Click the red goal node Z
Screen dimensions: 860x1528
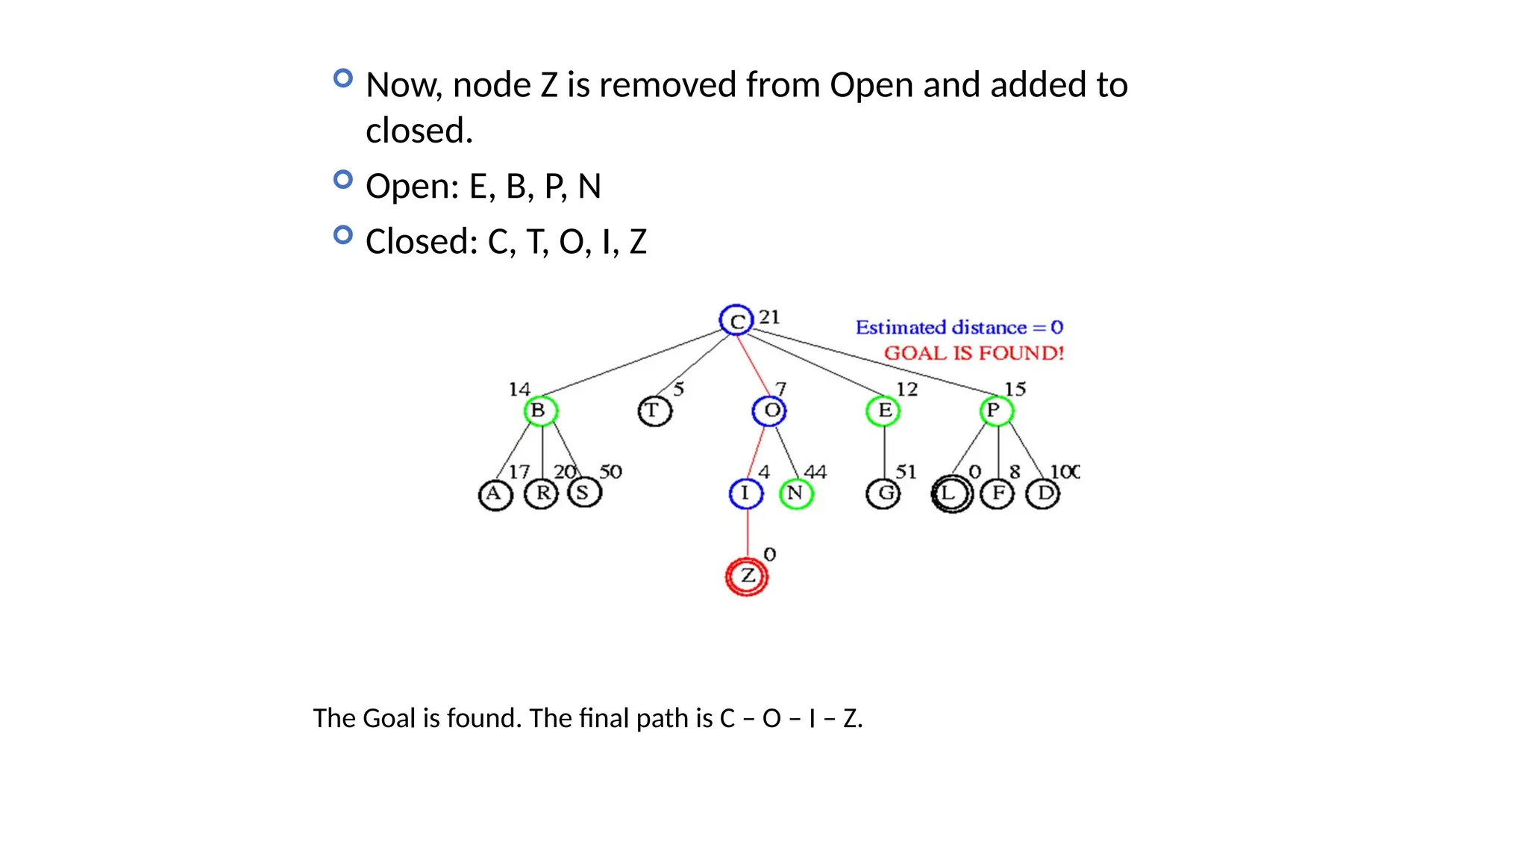(x=747, y=576)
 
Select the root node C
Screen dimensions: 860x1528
(x=736, y=321)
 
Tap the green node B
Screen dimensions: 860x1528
(x=540, y=411)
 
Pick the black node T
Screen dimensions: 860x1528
(x=654, y=411)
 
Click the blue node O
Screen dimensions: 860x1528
(x=769, y=411)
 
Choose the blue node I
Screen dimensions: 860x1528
(x=745, y=493)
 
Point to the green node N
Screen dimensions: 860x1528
(x=795, y=493)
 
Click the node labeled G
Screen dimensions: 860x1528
(x=883, y=493)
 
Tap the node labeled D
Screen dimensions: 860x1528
(x=1043, y=493)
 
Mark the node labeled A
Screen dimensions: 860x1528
(x=495, y=494)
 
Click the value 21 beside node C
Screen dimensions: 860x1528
(x=769, y=317)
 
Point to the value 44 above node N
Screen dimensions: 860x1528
(x=815, y=472)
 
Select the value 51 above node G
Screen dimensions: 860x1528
(x=906, y=472)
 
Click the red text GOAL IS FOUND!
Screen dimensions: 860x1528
(x=974, y=353)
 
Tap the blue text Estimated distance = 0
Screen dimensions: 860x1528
(x=959, y=328)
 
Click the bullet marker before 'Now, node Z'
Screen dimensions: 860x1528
(x=342, y=78)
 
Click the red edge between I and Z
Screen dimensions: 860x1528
(x=747, y=533)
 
